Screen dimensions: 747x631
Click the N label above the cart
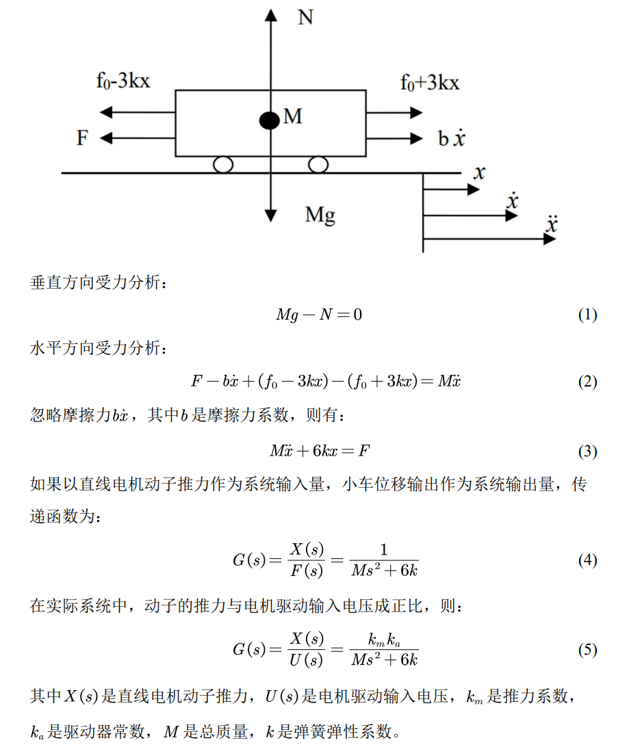305,17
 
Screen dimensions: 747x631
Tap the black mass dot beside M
270,121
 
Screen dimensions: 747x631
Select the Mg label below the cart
320,215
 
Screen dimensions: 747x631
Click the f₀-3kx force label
123,81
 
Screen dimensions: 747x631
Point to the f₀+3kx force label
430,83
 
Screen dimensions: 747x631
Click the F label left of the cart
83,138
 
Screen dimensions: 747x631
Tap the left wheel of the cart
223,164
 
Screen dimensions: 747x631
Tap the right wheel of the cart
318,164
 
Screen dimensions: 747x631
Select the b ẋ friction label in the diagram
452,139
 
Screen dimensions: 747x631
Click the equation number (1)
587,315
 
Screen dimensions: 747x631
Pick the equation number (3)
587,451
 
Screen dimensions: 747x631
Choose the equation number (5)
587,650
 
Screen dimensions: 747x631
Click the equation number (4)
587,560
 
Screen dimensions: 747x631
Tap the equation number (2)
587,382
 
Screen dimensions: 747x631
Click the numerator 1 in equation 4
383,550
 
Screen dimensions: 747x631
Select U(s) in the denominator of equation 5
305,661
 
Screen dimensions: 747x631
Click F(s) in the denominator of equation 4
305,571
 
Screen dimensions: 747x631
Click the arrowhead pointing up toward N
272,15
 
